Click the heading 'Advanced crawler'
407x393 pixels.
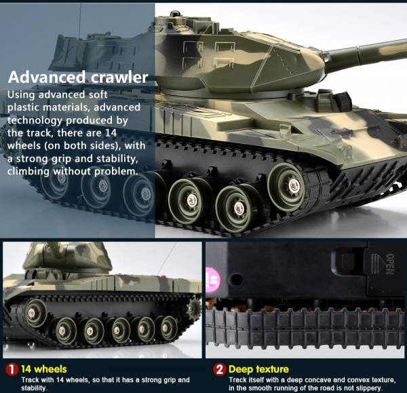78,77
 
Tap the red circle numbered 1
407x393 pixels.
12,369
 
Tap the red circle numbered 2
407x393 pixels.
220,369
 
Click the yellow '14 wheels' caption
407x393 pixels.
43,369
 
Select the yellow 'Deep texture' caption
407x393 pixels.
258,369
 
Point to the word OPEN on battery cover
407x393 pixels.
390,264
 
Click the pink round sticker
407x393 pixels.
213,278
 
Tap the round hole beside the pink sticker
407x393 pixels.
235,280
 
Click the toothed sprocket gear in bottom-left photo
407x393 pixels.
193,309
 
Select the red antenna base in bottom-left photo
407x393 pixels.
163,276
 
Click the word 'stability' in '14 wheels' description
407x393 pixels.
34,388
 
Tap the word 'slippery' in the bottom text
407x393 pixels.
368,388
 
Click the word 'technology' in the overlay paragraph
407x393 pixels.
35,121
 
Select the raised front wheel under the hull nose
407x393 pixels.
286,184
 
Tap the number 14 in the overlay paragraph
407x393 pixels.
111,133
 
